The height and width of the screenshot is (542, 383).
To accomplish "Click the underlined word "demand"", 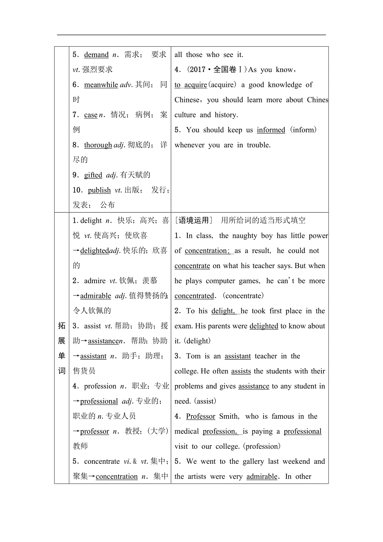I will tap(96, 55).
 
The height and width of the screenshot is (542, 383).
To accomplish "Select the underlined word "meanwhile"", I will tap(101, 85).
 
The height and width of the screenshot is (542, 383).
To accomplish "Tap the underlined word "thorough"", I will tap(98, 145).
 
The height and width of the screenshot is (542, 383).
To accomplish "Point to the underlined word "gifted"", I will tap(93, 175).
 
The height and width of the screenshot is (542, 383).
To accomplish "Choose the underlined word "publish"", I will tap(99, 190).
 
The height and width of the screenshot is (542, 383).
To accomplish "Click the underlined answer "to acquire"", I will tap(191, 85).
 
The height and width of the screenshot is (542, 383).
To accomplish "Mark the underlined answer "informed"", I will tap(271, 130).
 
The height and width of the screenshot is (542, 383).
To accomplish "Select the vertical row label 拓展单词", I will tap(62, 348).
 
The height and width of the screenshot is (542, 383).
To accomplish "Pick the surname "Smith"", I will tap(229, 416).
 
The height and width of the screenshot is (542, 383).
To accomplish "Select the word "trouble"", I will tap(259, 145).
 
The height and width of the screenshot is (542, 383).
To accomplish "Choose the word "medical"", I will tap(186, 431).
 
